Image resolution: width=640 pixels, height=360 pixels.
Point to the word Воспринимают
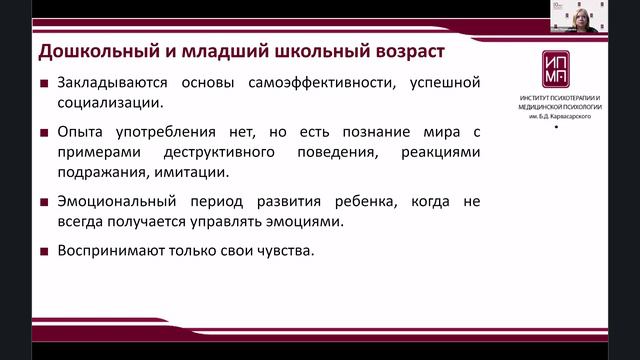109,250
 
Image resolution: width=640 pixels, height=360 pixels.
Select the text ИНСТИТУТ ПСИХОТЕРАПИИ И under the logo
555,98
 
